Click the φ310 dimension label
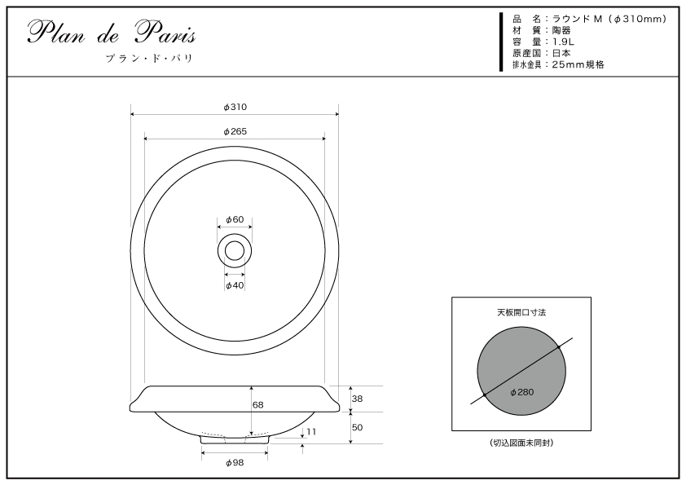click(x=235, y=108)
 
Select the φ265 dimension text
click(x=235, y=131)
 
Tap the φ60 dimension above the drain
click(x=235, y=219)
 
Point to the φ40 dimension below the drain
click(x=235, y=285)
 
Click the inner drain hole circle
click(x=235, y=241)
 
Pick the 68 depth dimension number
click(x=257, y=405)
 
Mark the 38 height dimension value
click(x=358, y=399)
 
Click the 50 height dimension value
click(x=358, y=427)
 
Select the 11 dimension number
click(x=311, y=431)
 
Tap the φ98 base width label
click(x=235, y=463)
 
